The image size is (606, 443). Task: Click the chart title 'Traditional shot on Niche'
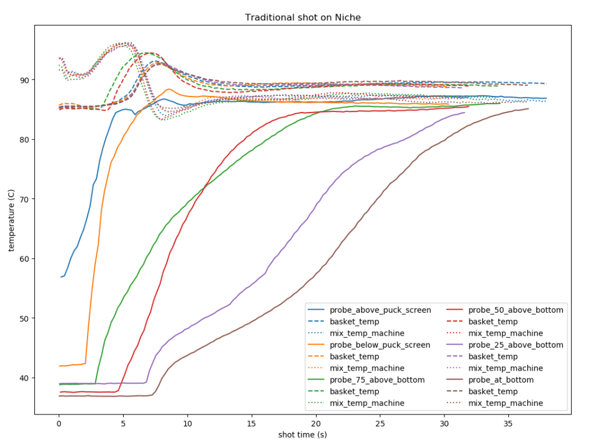click(303, 18)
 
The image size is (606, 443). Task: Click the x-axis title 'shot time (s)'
click(303, 434)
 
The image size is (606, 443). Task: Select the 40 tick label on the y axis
click(24, 378)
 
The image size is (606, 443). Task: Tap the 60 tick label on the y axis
click(24, 259)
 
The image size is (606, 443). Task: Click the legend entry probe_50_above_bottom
click(516, 310)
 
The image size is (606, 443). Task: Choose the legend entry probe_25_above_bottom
click(516, 345)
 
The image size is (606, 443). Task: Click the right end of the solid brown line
click(528, 108)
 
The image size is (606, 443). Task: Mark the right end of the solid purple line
click(465, 113)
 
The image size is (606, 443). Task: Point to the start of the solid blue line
click(60, 277)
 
